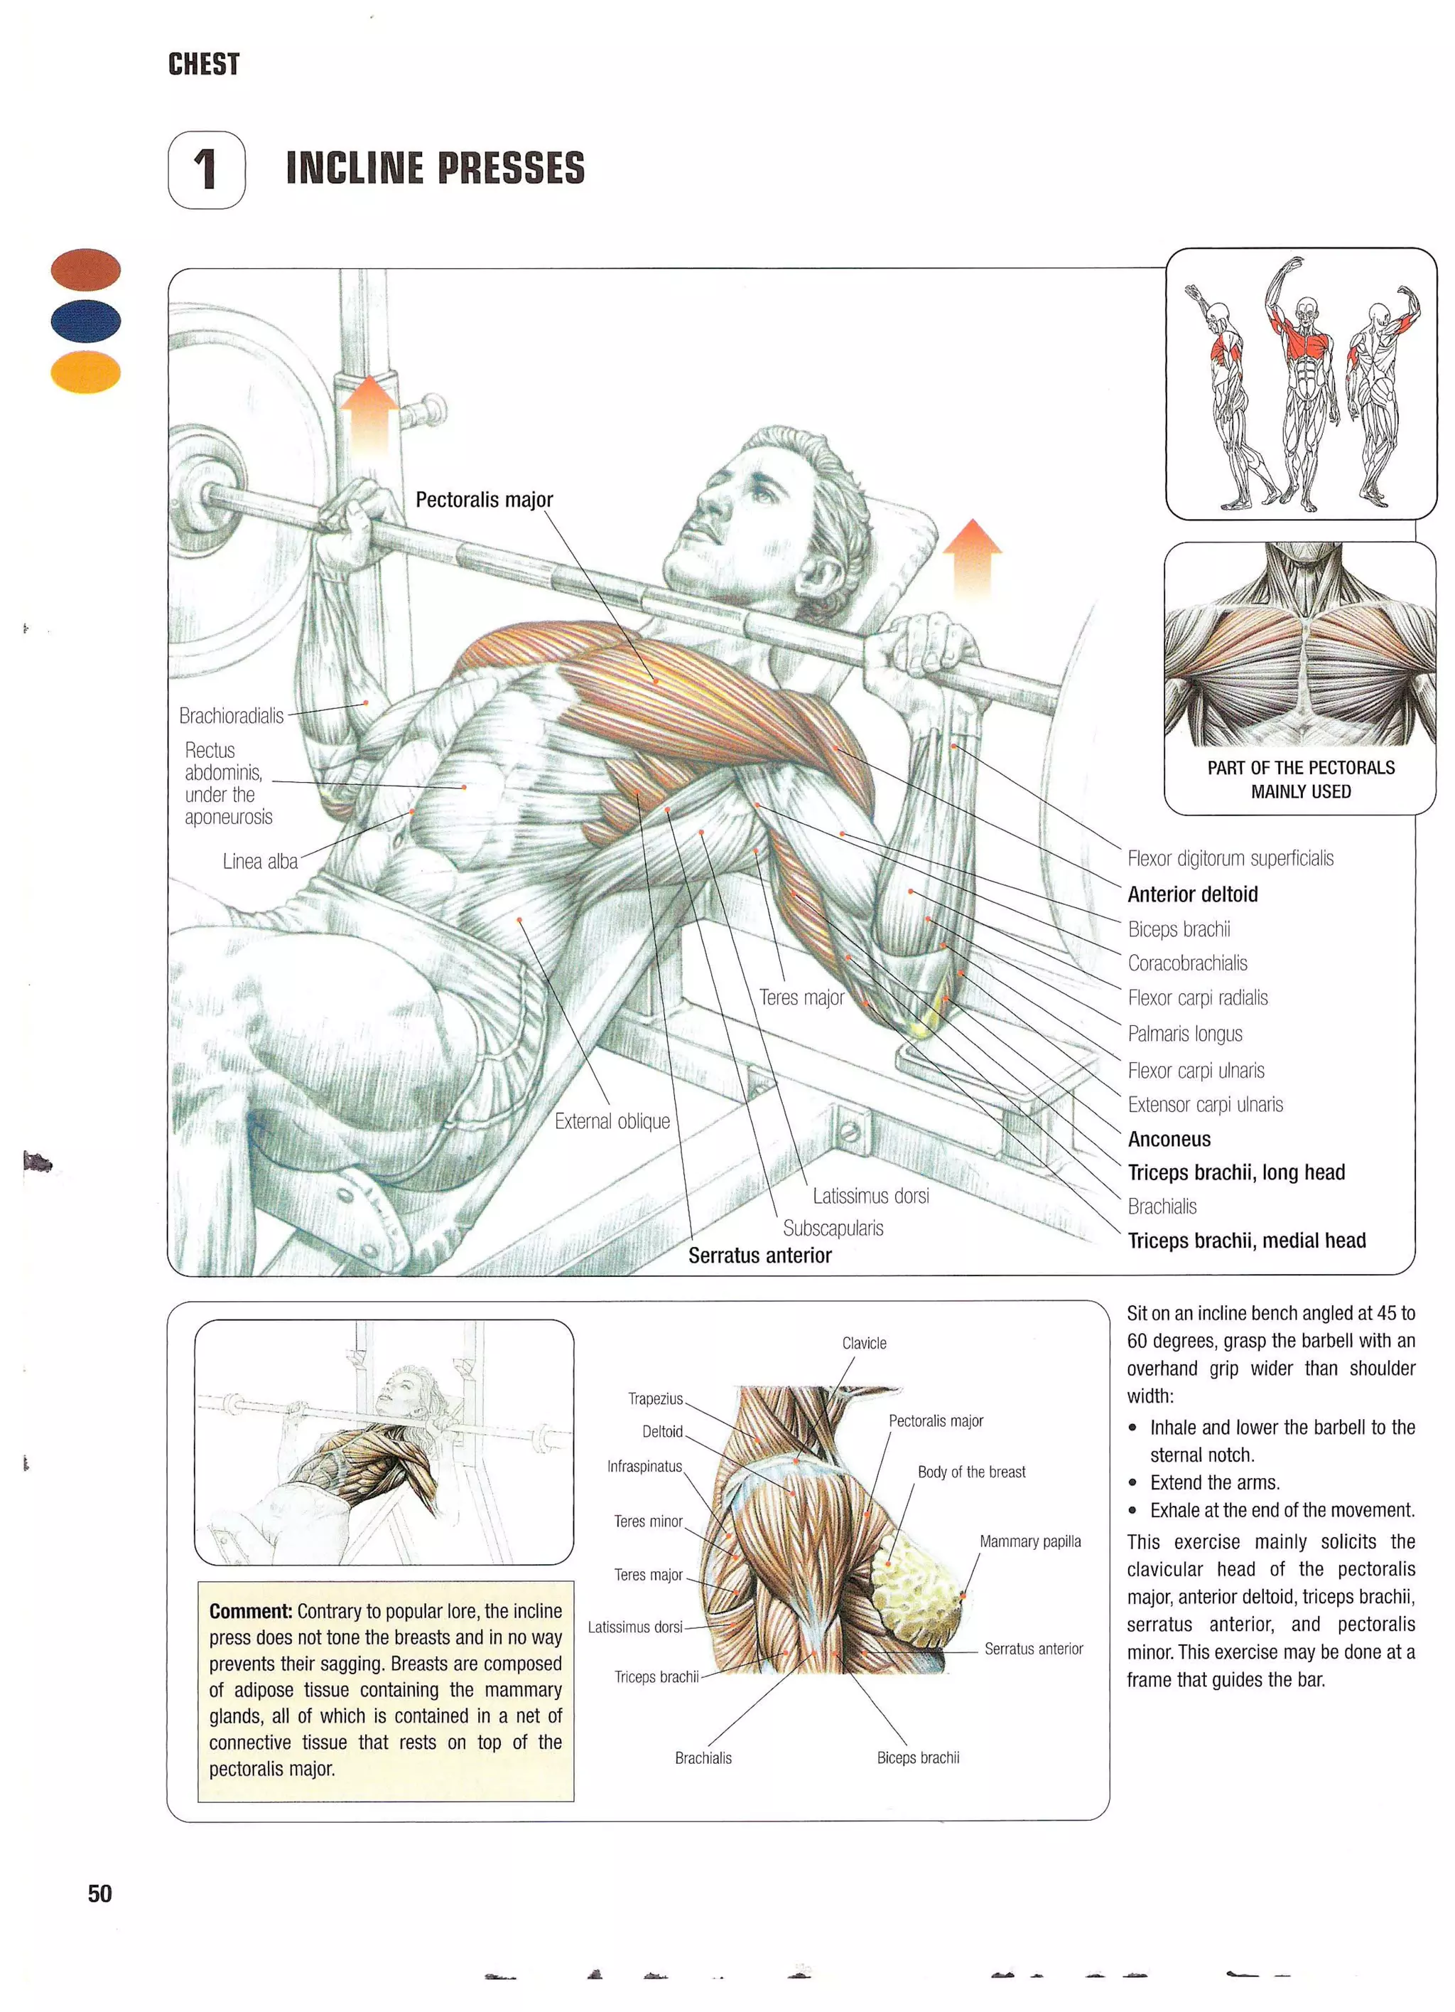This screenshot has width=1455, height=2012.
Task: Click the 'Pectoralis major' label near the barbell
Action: pyautogui.click(x=483, y=500)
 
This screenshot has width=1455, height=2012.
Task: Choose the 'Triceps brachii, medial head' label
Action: pyautogui.click(x=1245, y=1240)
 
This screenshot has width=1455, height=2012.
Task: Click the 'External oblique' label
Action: pyautogui.click(x=612, y=1121)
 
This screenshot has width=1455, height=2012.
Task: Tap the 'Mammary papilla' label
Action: pyautogui.click(x=1029, y=1541)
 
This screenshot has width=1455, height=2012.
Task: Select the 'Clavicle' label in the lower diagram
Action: pyautogui.click(x=864, y=1343)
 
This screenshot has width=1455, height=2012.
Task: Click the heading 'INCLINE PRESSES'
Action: pyautogui.click(x=435, y=168)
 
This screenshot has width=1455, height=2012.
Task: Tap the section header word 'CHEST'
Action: pyautogui.click(x=203, y=65)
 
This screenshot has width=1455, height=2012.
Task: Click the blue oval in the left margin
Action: pyautogui.click(x=85, y=320)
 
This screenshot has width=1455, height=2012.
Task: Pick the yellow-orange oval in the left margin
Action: pyautogui.click(x=85, y=373)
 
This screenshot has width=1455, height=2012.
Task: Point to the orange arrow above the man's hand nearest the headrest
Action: pyautogui.click(x=972, y=559)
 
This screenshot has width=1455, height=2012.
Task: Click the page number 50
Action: pyautogui.click(x=99, y=1893)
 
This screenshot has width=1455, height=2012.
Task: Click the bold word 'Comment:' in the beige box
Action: pyautogui.click(x=250, y=1610)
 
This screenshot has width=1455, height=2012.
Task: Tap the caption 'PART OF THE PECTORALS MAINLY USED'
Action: pyautogui.click(x=1300, y=779)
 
